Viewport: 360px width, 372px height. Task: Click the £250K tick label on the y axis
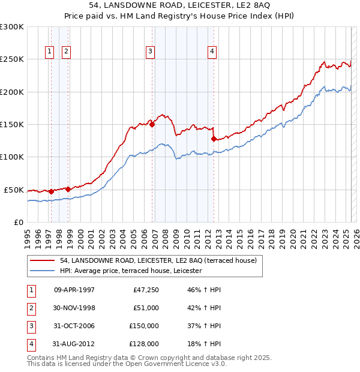(12, 59)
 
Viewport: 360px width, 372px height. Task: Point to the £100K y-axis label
(12, 157)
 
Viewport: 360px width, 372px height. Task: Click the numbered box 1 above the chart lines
(49, 52)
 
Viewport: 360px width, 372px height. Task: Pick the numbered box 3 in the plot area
(149, 52)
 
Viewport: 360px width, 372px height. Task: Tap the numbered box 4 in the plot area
(212, 52)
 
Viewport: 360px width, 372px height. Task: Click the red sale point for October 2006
(152, 125)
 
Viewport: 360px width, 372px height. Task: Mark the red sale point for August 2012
(214, 139)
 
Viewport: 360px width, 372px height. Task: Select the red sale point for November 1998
(68, 189)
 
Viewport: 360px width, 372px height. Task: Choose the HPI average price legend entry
(130, 271)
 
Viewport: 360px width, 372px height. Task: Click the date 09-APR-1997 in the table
(74, 290)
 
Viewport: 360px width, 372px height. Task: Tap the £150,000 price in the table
(144, 326)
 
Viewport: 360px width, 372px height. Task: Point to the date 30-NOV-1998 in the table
(74, 308)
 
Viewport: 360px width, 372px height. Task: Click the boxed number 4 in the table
(30, 344)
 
